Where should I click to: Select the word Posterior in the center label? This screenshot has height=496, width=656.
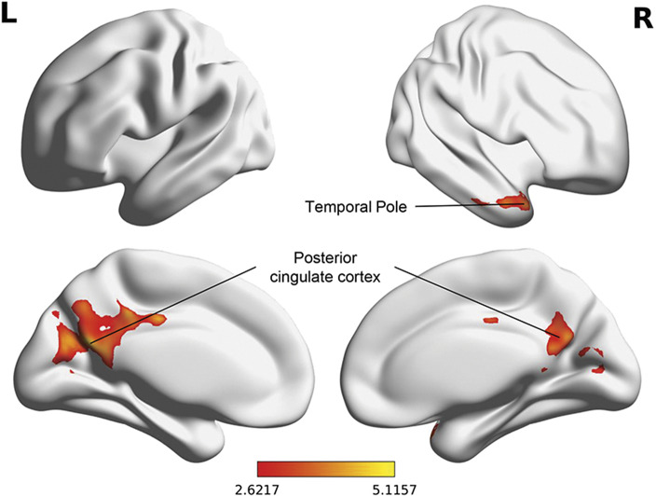[x=325, y=258]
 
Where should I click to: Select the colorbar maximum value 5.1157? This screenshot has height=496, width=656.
[x=395, y=488]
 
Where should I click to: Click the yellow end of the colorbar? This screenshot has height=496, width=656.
[x=390, y=469]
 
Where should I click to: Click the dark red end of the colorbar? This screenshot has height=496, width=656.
[x=263, y=469]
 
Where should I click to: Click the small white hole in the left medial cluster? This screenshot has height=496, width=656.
[x=104, y=329]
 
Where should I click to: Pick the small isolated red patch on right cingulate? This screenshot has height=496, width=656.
[x=491, y=321]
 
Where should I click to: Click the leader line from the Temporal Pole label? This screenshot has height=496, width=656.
[x=471, y=205]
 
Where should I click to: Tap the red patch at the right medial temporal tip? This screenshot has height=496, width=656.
[x=434, y=431]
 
